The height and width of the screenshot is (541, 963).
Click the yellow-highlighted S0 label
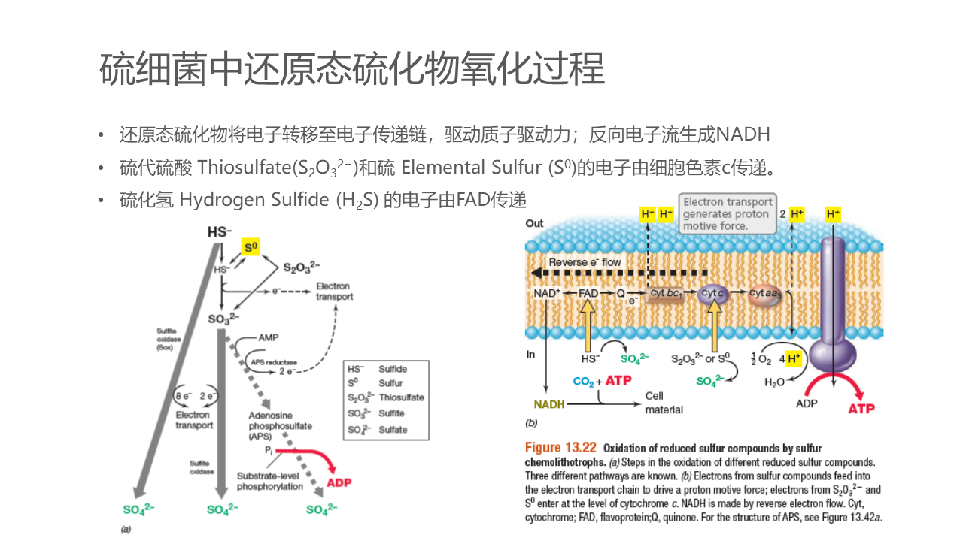pyautogui.click(x=251, y=247)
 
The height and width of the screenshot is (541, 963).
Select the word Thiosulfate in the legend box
pyautogui.click(x=401, y=397)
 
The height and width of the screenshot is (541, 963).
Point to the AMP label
pyautogui.click(x=268, y=338)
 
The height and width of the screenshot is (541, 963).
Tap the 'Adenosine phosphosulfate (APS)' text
pyautogui.click(x=280, y=426)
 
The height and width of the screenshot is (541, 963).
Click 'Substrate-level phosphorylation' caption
pyautogui.click(x=269, y=481)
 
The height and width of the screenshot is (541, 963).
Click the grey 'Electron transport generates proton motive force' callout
pyautogui.click(x=728, y=213)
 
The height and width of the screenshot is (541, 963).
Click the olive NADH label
pyautogui.click(x=549, y=404)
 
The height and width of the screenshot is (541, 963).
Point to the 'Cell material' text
pyautogui.click(x=664, y=403)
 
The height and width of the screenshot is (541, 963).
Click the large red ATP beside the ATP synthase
pyautogui.click(x=861, y=409)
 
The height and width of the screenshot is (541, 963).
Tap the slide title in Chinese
pyautogui.click(x=352, y=69)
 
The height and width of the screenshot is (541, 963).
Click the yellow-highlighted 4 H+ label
pyautogui.click(x=793, y=358)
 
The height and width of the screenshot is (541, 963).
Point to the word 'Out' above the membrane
pyautogui.click(x=534, y=223)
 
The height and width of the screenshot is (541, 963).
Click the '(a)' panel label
pyautogui.click(x=126, y=529)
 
